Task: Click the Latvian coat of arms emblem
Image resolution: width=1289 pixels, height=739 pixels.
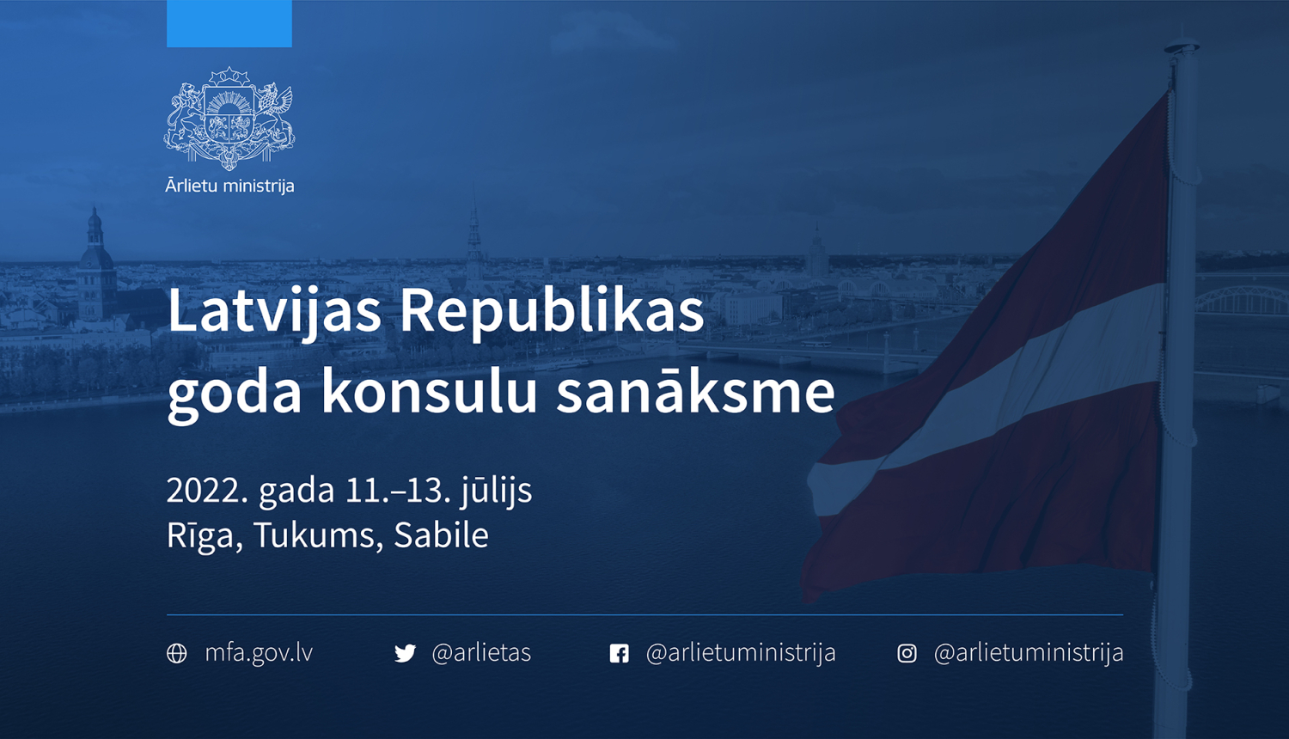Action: (229, 119)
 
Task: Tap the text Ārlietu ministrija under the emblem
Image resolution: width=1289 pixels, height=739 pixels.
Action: (229, 186)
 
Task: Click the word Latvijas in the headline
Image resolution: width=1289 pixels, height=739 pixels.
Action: (274, 311)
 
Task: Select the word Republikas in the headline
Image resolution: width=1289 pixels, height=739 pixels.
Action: (552, 311)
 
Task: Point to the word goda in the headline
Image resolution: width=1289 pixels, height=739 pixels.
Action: (235, 391)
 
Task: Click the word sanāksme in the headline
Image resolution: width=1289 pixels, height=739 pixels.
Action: (695, 391)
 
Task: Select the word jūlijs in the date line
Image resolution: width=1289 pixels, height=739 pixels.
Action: (497, 491)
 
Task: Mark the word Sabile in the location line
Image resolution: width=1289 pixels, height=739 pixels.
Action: (441, 535)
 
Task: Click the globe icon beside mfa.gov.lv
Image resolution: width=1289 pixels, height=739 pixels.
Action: (177, 654)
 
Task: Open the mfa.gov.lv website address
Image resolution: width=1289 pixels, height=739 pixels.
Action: (259, 653)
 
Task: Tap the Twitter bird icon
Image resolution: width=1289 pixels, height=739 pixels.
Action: (405, 654)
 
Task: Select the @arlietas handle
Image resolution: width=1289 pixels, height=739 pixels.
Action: (481, 653)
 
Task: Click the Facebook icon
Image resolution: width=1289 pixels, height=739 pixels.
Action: (619, 654)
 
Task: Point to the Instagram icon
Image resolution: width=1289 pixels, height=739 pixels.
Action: (907, 654)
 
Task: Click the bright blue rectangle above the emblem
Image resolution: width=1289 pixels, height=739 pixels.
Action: (229, 23)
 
